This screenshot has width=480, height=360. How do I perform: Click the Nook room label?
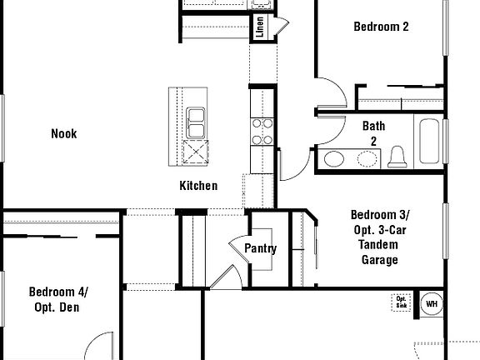click(63, 133)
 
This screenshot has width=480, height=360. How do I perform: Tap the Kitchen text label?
click(198, 186)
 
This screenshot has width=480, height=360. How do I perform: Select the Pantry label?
click(260, 248)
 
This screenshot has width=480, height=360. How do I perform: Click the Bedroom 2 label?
click(381, 27)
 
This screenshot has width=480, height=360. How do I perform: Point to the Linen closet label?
click(260, 27)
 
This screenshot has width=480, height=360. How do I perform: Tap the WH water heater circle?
click(431, 303)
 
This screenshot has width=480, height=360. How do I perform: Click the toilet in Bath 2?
click(397, 157)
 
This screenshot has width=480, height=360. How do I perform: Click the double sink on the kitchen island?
click(197, 122)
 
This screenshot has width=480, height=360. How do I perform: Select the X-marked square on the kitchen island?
click(197, 154)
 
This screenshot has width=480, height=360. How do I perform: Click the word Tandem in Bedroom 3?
click(379, 244)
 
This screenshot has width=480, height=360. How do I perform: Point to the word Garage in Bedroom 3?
click(379, 259)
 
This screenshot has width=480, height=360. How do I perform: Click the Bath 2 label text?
click(373, 133)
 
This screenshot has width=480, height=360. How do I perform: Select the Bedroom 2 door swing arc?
click(329, 93)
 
